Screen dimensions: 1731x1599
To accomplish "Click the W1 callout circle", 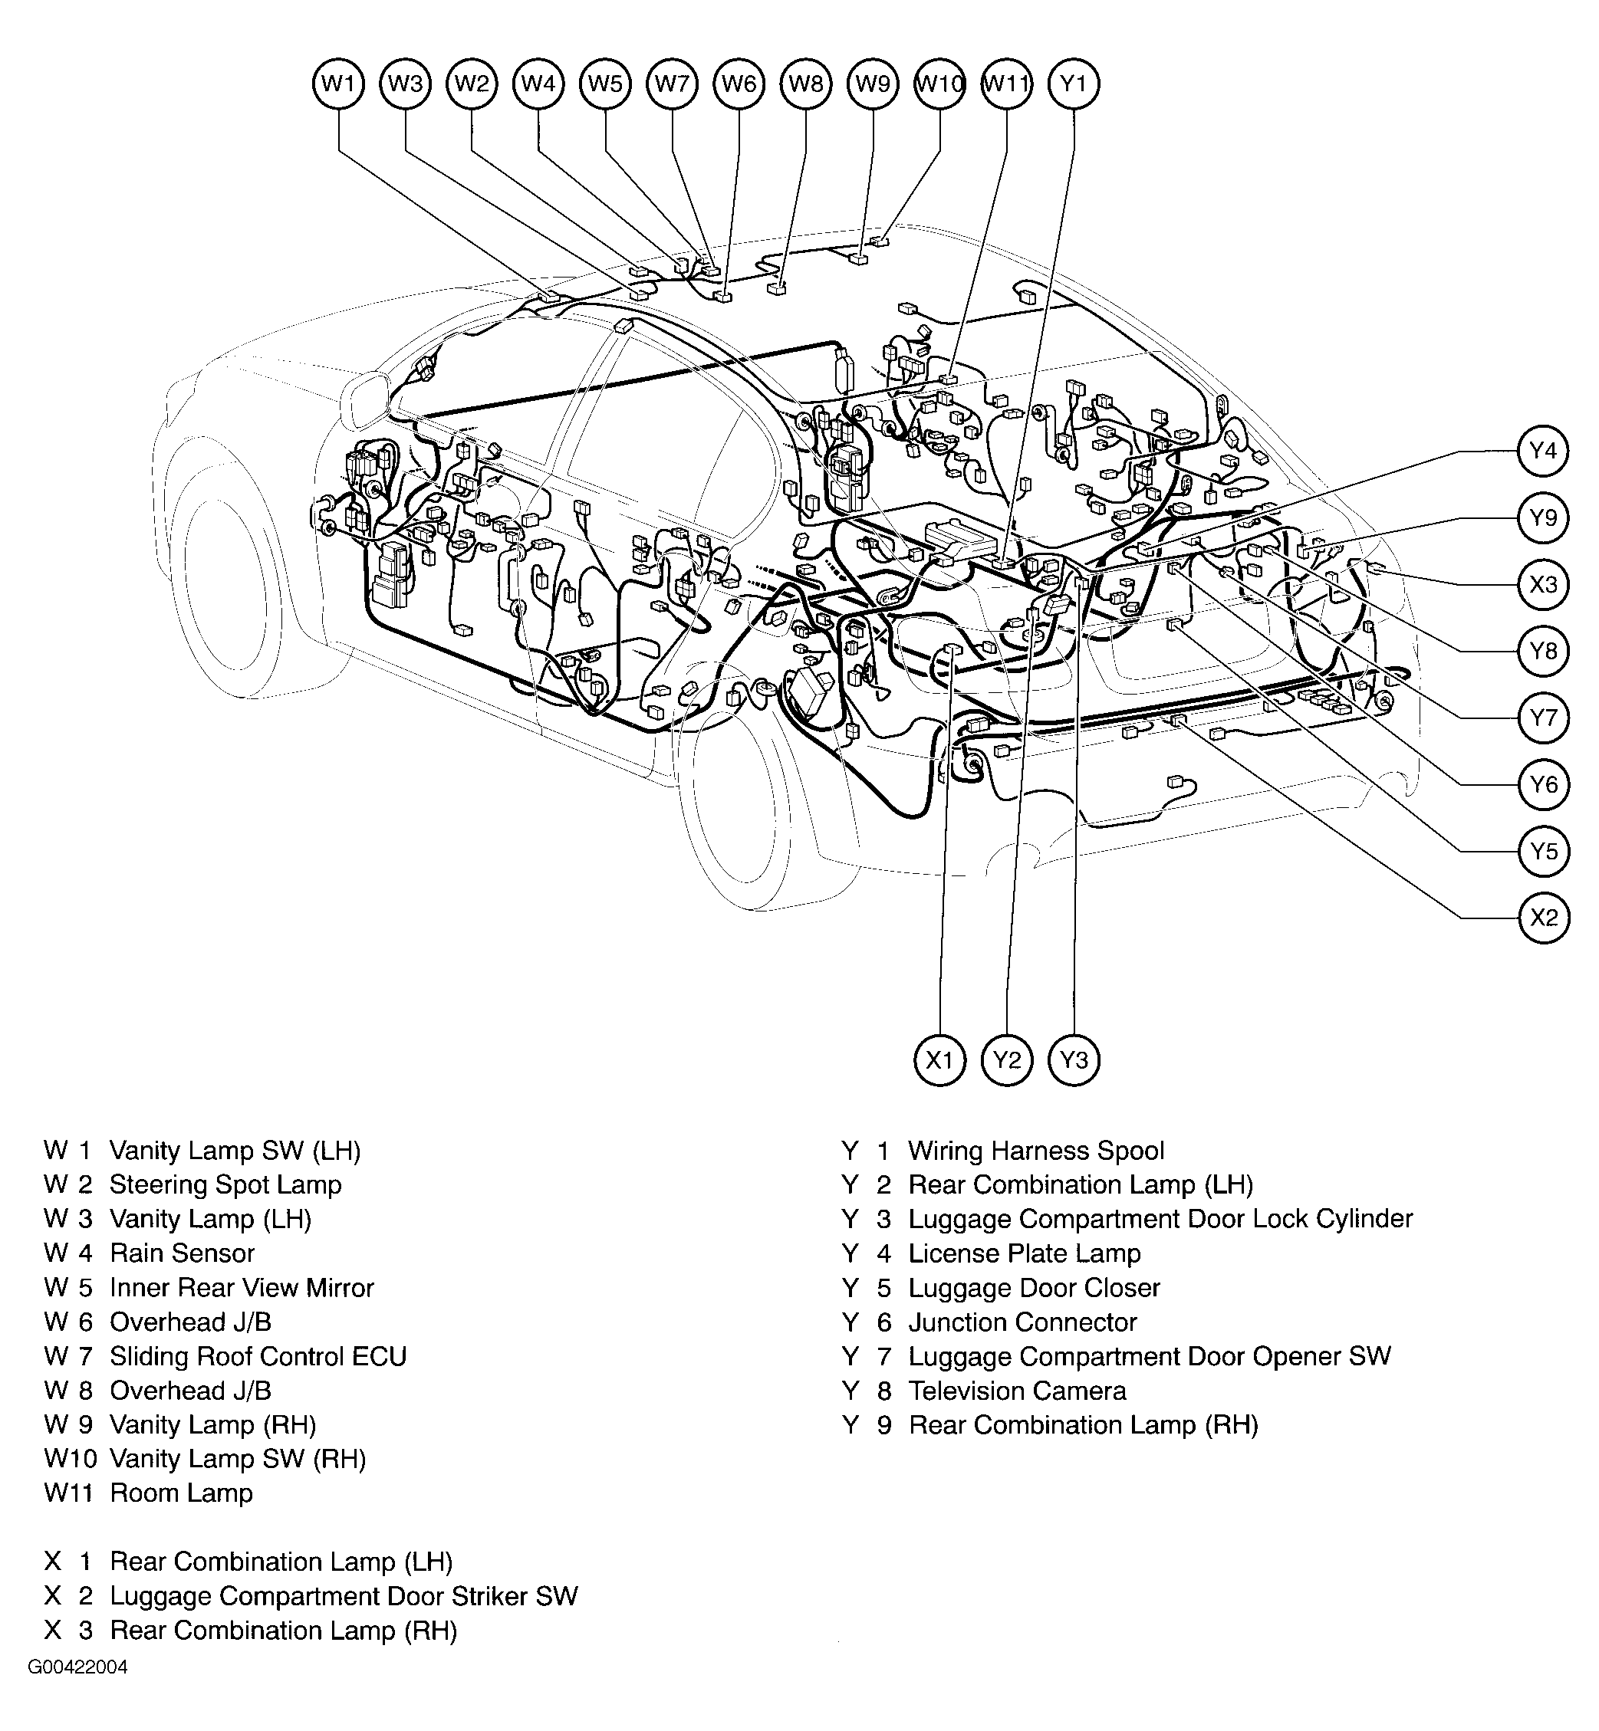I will point(337,84).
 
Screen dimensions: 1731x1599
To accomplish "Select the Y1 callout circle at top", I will point(1073,84).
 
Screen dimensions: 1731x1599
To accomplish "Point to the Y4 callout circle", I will point(1543,451).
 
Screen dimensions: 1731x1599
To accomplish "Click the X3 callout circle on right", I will point(1543,584).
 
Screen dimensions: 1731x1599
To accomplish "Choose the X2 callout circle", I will point(1543,917).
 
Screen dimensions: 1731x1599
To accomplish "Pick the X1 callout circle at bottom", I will point(939,1060).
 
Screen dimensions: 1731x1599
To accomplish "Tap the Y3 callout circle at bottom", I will point(1073,1060).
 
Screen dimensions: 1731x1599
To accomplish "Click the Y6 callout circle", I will point(1543,783).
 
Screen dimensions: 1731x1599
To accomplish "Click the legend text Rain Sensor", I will point(182,1253).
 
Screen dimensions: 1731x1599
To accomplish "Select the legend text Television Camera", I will point(1017,1391).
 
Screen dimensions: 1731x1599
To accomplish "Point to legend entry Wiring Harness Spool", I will point(1036,1151).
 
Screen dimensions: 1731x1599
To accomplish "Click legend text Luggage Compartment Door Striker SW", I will point(344,1596).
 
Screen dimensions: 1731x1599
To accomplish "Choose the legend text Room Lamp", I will point(181,1493).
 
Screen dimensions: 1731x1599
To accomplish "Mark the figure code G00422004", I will point(78,1668).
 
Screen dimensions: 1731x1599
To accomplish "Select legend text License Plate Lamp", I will point(1024,1253).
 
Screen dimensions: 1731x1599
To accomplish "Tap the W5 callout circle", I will point(605,84).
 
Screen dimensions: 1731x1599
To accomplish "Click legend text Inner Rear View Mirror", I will point(242,1288).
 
